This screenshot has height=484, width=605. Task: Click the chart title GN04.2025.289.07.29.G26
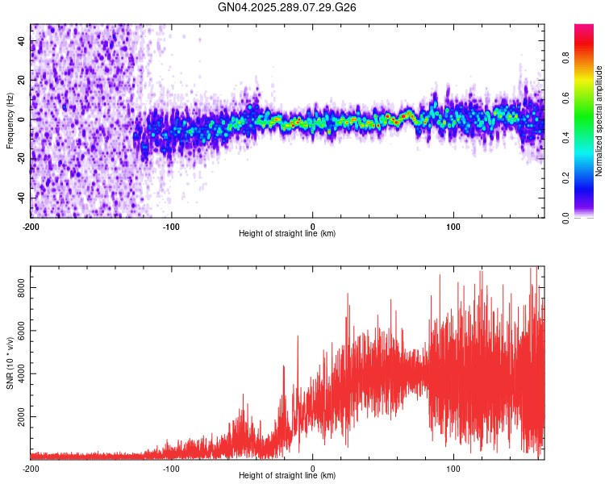287,7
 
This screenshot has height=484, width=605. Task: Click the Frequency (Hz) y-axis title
10,121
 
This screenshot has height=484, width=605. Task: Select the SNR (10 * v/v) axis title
10,362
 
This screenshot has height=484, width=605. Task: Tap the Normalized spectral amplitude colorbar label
599,121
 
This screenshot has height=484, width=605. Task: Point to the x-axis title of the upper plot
287,234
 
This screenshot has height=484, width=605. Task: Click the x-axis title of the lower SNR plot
287,476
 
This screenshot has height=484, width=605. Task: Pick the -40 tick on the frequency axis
20,198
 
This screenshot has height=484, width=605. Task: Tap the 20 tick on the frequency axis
22,80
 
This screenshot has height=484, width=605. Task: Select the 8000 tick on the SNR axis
18,287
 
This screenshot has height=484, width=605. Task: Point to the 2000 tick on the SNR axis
18,417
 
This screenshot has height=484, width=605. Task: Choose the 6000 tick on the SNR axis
18,331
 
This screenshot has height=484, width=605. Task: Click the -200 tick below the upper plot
31,226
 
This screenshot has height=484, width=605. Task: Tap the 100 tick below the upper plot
453,226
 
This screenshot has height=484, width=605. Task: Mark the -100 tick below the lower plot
171,468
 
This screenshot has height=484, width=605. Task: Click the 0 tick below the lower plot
312,468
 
